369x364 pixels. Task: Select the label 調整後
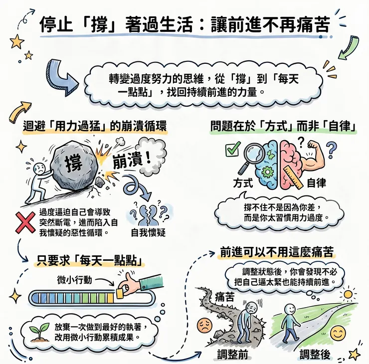pos(316,355)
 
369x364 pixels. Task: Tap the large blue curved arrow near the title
pos(59,71)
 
